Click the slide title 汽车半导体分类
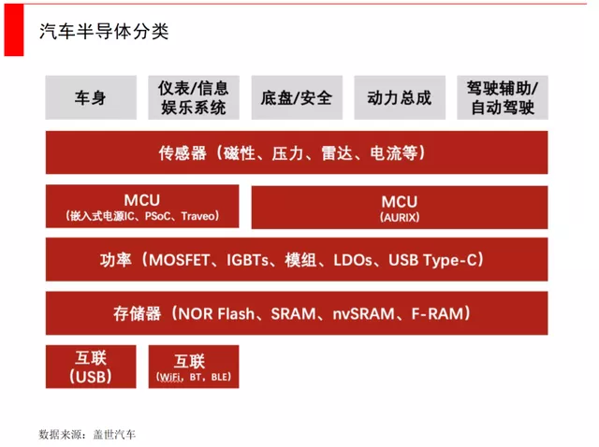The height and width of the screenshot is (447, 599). [x=104, y=31]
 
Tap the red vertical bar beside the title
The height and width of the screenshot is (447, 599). [x=14, y=30]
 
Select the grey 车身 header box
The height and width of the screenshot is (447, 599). [x=91, y=97]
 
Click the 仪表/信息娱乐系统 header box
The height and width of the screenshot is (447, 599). [x=194, y=97]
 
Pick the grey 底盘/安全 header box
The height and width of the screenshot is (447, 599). [x=297, y=97]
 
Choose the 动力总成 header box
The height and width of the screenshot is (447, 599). [x=400, y=97]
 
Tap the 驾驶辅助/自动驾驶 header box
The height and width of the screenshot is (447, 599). [x=503, y=97]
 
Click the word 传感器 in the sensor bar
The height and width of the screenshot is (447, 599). [x=183, y=153]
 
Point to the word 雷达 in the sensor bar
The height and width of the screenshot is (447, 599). [x=337, y=153]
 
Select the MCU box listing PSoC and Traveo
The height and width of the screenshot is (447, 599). [x=142, y=206]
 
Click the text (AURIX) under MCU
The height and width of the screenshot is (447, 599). [x=400, y=217]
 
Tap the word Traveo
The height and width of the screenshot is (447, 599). [x=197, y=216]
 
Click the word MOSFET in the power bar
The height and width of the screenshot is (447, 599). [x=179, y=260]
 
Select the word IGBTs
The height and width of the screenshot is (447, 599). [x=248, y=260]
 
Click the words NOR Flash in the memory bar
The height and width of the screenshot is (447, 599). [x=216, y=314]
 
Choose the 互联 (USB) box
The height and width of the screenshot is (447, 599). [x=91, y=367]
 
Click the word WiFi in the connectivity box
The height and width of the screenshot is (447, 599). [x=170, y=377]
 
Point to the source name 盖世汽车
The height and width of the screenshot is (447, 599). [x=114, y=435]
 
